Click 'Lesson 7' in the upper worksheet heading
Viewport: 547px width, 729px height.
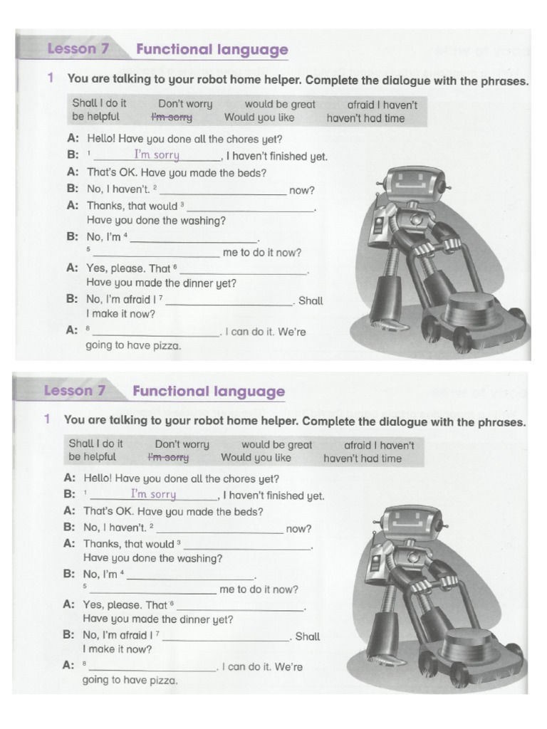click(71, 50)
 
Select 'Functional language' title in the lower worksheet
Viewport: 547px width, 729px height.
click(209, 392)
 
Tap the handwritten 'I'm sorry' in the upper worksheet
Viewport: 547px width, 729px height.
click(157, 154)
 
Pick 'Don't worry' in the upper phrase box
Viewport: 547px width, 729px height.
click(185, 104)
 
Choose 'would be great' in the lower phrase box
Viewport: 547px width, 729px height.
click(276, 444)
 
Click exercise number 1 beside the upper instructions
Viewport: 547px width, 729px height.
click(51, 80)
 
